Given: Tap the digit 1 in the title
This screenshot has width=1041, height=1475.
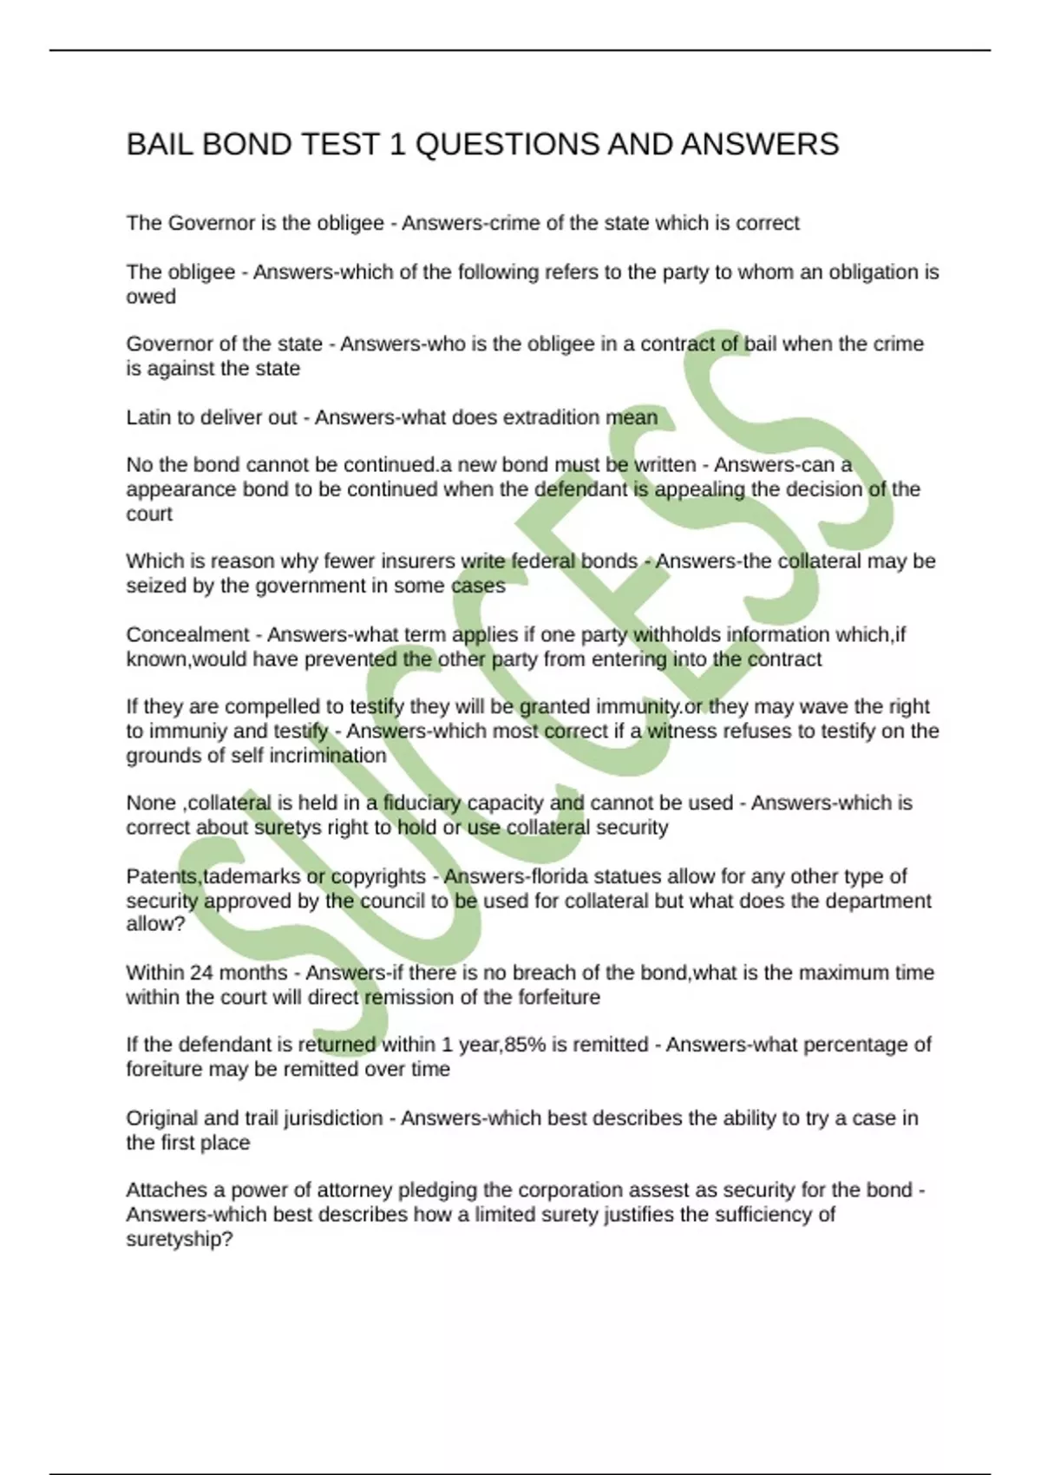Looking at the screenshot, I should click(397, 144).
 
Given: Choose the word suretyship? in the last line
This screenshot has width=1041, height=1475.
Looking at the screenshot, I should click(180, 1239).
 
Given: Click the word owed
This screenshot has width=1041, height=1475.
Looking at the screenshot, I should click(151, 297).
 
